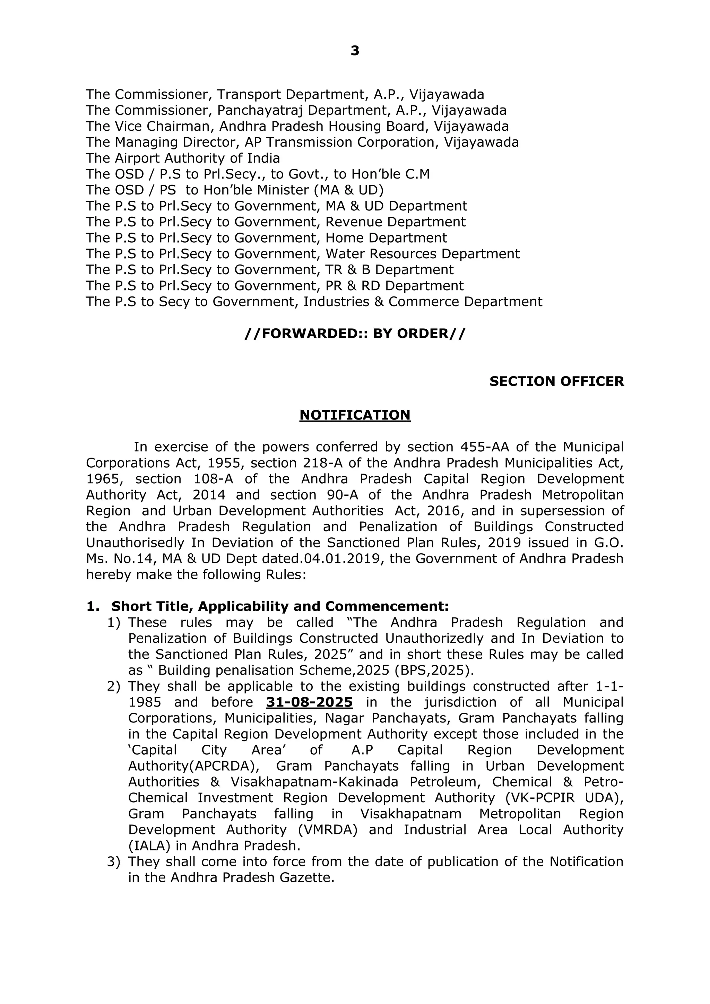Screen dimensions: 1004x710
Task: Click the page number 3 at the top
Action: (355, 51)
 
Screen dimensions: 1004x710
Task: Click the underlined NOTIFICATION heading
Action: (355, 415)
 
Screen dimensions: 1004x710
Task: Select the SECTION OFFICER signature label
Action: (556, 381)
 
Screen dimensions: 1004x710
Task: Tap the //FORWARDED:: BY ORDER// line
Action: (355, 334)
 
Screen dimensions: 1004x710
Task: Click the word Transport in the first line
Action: (247, 94)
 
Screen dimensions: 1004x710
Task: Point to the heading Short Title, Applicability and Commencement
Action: (280, 606)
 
